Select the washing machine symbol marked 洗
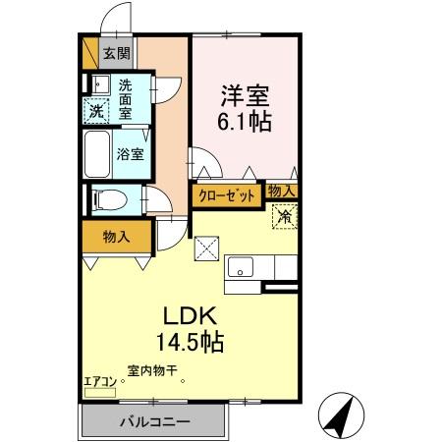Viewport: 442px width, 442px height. pyautogui.click(x=96, y=110)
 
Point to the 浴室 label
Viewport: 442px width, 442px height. pyautogui.click(x=130, y=153)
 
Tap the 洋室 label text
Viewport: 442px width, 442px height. pyautogui.click(x=243, y=96)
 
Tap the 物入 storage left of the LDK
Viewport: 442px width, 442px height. pyautogui.click(x=116, y=237)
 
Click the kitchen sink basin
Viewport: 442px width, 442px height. pyautogui.click(x=241, y=266)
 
